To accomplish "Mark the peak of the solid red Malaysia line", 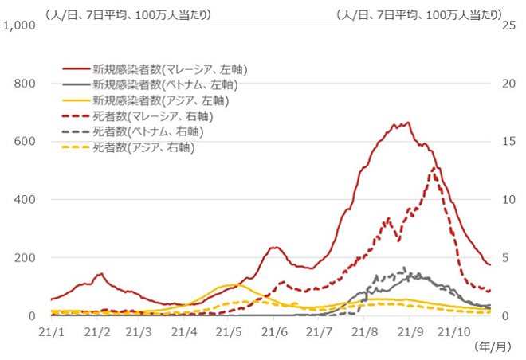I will (408, 123).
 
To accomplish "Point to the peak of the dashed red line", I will (434, 167).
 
